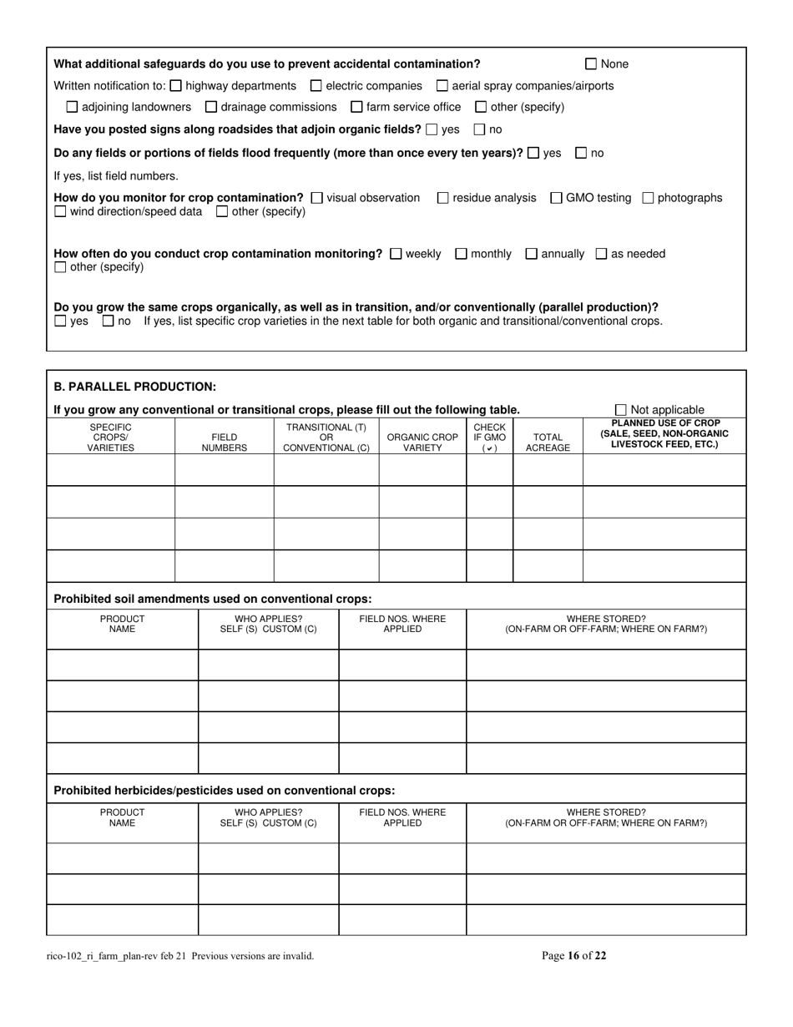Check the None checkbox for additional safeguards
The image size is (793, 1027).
click(591, 64)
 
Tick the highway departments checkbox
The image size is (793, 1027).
click(175, 86)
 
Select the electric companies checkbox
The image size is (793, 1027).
click(316, 86)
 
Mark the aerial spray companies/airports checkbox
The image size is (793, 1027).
click(442, 86)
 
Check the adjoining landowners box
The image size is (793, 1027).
click(72, 107)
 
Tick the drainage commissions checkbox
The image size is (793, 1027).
click(210, 107)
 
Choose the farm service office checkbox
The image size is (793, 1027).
click(356, 107)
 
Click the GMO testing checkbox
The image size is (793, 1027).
click(556, 198)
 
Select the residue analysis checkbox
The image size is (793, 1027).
click(442, 198)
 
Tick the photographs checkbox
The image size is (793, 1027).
click(648, 198)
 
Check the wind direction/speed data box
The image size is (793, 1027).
click(60, 212)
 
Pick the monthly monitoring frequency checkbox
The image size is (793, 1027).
click(461, 254)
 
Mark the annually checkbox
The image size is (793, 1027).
click(531, 254)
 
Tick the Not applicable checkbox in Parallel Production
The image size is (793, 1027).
click(620, 410)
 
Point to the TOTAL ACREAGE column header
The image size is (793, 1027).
click(548, 443)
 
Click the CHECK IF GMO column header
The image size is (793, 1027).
click(489, 438)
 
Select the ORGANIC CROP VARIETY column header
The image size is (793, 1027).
click(422, 443)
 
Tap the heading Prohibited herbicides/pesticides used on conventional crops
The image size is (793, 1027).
click(225, 790)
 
